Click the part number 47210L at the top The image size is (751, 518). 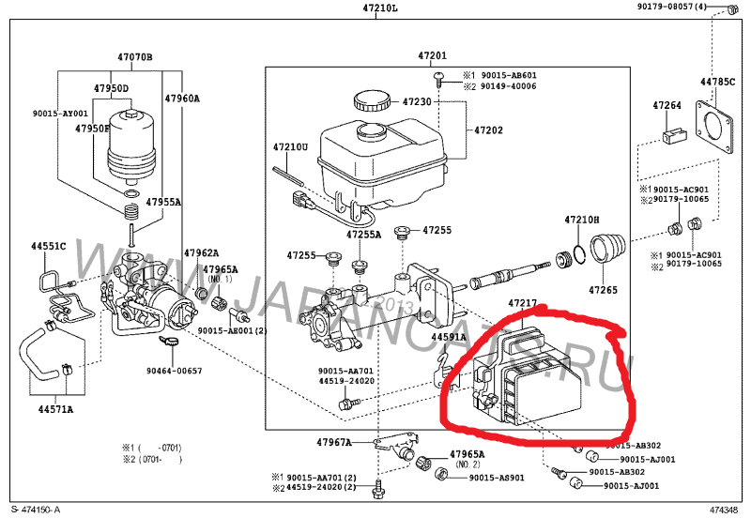coord(380,8)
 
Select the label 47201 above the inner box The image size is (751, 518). coord(433,56)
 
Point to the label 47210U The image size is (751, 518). coord(291,147)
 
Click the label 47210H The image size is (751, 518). coord(581,220)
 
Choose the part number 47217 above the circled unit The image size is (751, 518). coord(524,303)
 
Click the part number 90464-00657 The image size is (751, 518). coord(175,371)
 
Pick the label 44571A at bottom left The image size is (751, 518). coord(56,409)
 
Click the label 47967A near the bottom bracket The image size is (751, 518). coord(333,442)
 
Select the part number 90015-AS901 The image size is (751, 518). coord(496,477)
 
